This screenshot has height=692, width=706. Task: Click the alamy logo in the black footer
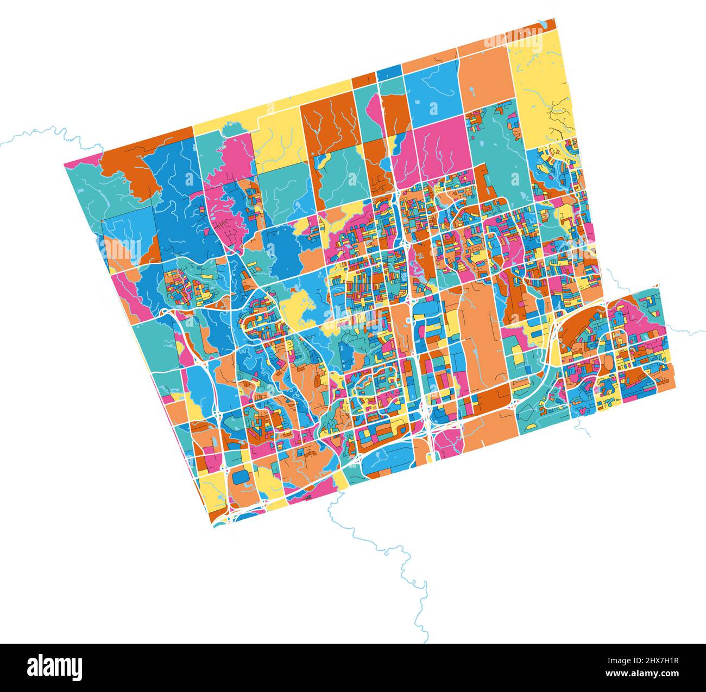tap(54, 666)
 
